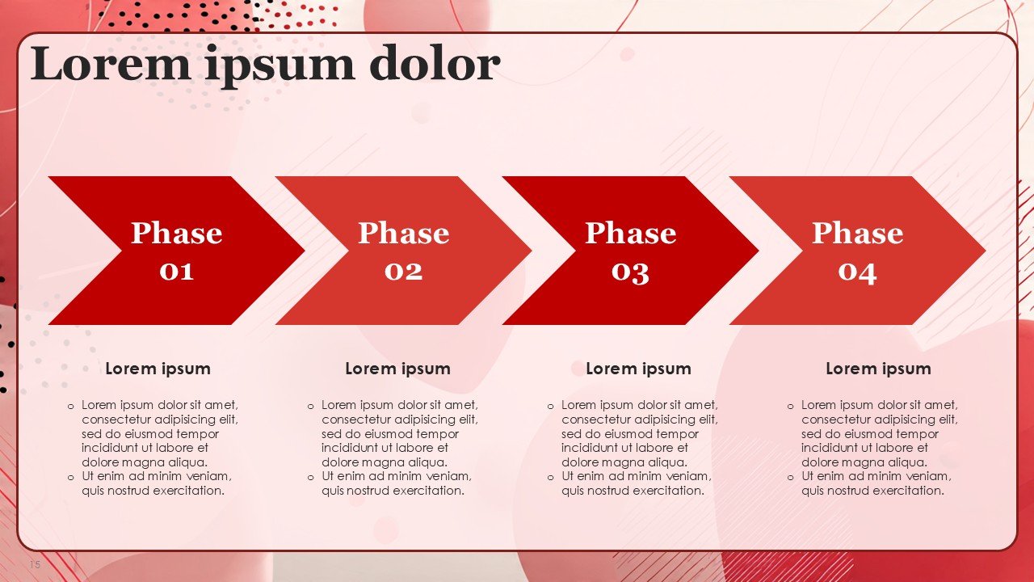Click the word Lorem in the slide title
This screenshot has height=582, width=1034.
pyautogui.click(x=111, y=63)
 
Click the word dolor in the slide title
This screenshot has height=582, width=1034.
pyautogui.click(x=435, y=63)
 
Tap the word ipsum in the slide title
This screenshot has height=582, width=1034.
pyautogui.click(x=280, y=66)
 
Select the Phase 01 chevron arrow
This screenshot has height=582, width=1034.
pyautogui.click(x=176, y=251)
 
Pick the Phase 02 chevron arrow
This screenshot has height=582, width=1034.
pyautogui.click(x=403, y=251)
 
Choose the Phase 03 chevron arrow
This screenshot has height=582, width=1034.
pyautogui.click(x=631, y=251)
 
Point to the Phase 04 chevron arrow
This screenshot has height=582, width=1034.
pyautogui.click(x=858, y=251)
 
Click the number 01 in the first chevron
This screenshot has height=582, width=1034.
pyautogui.click(x=176, y=271)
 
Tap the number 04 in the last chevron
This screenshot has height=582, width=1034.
pyautogui.click(x=858, y=272)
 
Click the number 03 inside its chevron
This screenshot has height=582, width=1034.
pyautogui.click(x=631, y=272)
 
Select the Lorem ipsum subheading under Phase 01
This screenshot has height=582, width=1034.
pyautogui.click(x=158, y=369)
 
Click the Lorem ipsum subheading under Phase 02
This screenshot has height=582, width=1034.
pyautogui.click(x=398, y=369)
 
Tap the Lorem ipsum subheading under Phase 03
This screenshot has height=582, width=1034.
pyautogui.click(x=638, y=369)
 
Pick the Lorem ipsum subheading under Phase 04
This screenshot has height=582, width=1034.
pyautogui.click(x=878, y=369)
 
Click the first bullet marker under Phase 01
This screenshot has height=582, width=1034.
pyautogui.click(x=70, y=407)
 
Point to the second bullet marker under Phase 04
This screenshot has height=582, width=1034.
pyautogui.click(x=791, y=478)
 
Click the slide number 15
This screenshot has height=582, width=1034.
pyautogui.click(x=35, y=564)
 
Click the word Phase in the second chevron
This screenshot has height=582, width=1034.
pyautogui.click(x=403, y=233)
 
